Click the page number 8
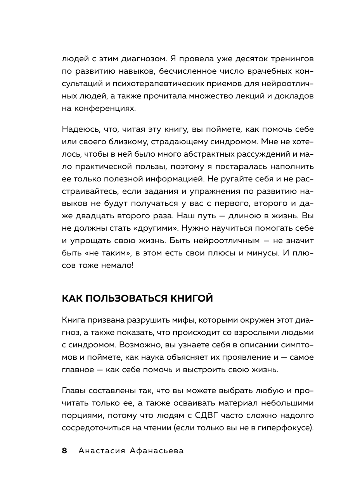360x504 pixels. point(64,451)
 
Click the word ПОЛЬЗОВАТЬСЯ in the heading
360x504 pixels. point(122,299)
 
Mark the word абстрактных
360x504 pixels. point(196,154)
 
